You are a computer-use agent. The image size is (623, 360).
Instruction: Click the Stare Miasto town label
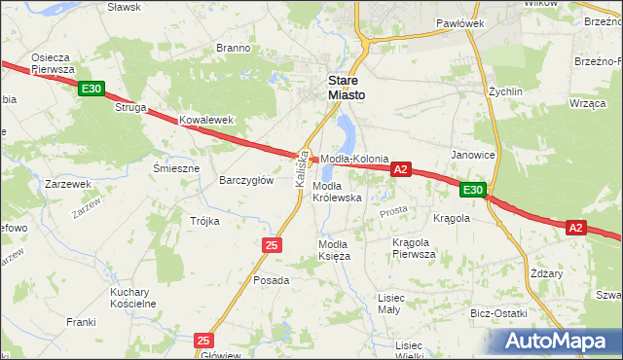[x=346, y=88]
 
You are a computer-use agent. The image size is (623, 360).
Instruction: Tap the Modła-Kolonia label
[x=355, y=159]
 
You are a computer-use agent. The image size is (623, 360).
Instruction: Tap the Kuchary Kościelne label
[x=133, y=298]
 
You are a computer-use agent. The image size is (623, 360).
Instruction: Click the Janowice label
[x=473, y=155]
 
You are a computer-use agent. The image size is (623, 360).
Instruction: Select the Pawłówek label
[x=459, y=22]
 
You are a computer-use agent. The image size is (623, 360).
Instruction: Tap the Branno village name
[x=234, y=48]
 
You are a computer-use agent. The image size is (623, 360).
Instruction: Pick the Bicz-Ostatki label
[x=497, y=313]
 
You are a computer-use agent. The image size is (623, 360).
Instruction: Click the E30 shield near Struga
[x=92, y=90]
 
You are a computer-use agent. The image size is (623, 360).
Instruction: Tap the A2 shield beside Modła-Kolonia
[x=401, y=169]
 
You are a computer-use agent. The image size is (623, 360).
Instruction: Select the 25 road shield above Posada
[x=271, y=245]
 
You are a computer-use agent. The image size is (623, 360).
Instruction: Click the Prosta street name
[x=393, y=211]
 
